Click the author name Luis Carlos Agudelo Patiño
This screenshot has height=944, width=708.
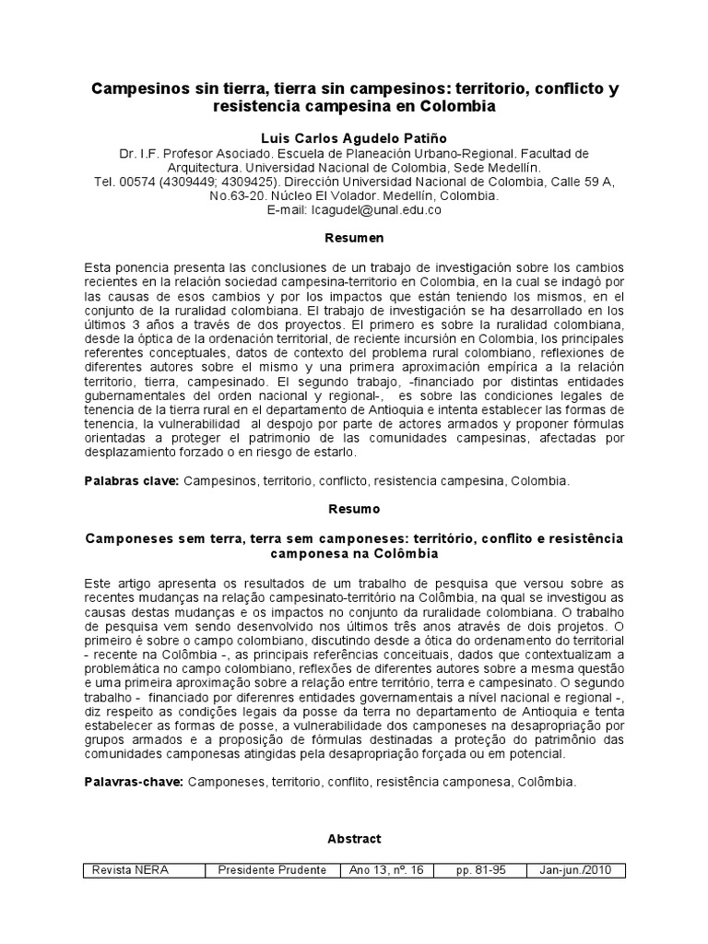354,136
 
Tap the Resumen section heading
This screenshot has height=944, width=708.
354,239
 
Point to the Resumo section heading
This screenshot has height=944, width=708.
354,509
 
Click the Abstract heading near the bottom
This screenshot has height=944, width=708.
354,839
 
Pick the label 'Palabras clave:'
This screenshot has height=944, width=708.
131,481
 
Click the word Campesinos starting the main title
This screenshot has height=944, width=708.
136,89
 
